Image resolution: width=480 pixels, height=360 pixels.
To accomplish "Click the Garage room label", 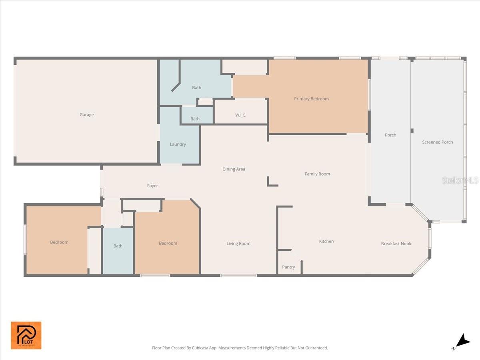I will tap(86, 115).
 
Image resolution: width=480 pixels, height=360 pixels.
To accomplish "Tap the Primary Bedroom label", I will tap(311, 99).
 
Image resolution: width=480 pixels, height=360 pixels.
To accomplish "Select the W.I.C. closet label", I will tap(240, 115).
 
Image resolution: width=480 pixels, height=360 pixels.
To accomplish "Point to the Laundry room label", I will tap(178, 144).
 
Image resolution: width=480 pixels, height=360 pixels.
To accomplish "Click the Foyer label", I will tap(152, 186).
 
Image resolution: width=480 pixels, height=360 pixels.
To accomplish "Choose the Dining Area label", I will tap(234, 169).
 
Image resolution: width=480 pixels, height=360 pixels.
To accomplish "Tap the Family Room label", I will tap(317, 174).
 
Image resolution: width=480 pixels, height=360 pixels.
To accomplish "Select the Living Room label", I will tap(238, 244).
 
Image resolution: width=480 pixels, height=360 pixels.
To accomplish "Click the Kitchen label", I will tap(326, 241).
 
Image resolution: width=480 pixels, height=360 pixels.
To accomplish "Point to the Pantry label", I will tap(288, 267).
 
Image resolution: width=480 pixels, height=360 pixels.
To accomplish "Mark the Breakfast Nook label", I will tap(396, 244).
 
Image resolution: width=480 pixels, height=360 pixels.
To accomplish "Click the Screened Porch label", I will tap(437, 142).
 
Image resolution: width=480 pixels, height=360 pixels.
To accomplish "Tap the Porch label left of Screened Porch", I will tap(390, 135).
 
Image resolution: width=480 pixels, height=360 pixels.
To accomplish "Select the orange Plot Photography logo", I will tap(26, 335).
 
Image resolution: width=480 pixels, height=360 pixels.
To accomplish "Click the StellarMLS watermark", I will tap(460, 180).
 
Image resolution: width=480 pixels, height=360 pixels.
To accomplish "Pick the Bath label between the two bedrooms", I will tap(118, 246).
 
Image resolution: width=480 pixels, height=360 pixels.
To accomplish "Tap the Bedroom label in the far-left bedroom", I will tap(59, 242).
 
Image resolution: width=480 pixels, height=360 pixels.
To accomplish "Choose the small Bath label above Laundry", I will tap(195, 119).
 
